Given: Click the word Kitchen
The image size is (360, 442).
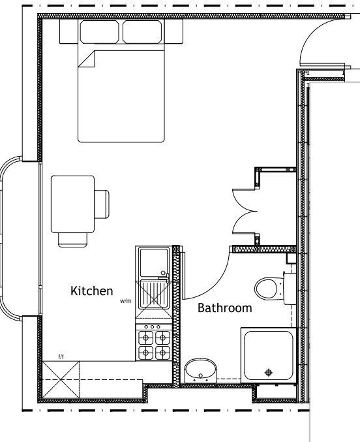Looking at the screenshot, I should pos(92,291).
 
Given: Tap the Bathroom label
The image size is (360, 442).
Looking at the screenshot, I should pos(224,307).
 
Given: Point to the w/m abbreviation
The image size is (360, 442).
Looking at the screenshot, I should pos(125,302).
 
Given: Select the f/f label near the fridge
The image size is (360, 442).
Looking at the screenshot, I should pos(61,356).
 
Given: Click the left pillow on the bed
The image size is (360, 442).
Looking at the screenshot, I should pos(99,31).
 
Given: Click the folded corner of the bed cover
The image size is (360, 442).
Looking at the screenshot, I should pos(87,59).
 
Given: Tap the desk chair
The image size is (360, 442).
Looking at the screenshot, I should pos(102,204).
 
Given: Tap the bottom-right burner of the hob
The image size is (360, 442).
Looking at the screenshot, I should pos(161,353).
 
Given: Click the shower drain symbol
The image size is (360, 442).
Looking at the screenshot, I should pos(268,373).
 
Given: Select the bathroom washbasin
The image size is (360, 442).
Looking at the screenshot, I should pos(201,371).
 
